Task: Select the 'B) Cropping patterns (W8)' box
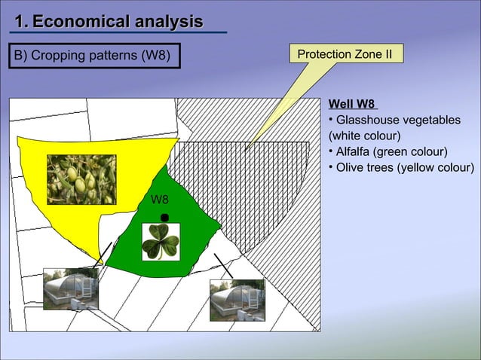94,56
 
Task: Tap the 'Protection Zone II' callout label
345,54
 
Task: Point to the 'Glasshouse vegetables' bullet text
398,121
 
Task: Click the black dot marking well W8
164,218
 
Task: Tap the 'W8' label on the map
160,200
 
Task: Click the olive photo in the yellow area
81,179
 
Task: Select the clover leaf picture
161,242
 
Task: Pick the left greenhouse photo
71,288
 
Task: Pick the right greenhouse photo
237,300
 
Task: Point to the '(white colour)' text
364,136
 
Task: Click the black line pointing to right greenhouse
222,265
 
